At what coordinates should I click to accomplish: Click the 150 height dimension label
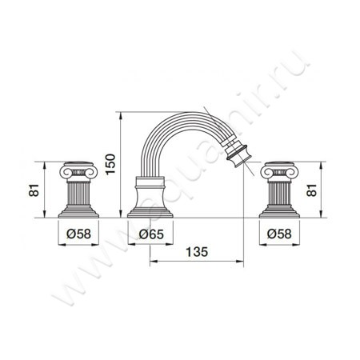(x=110, y=163)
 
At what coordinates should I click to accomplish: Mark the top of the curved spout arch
(x=180, y=114)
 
